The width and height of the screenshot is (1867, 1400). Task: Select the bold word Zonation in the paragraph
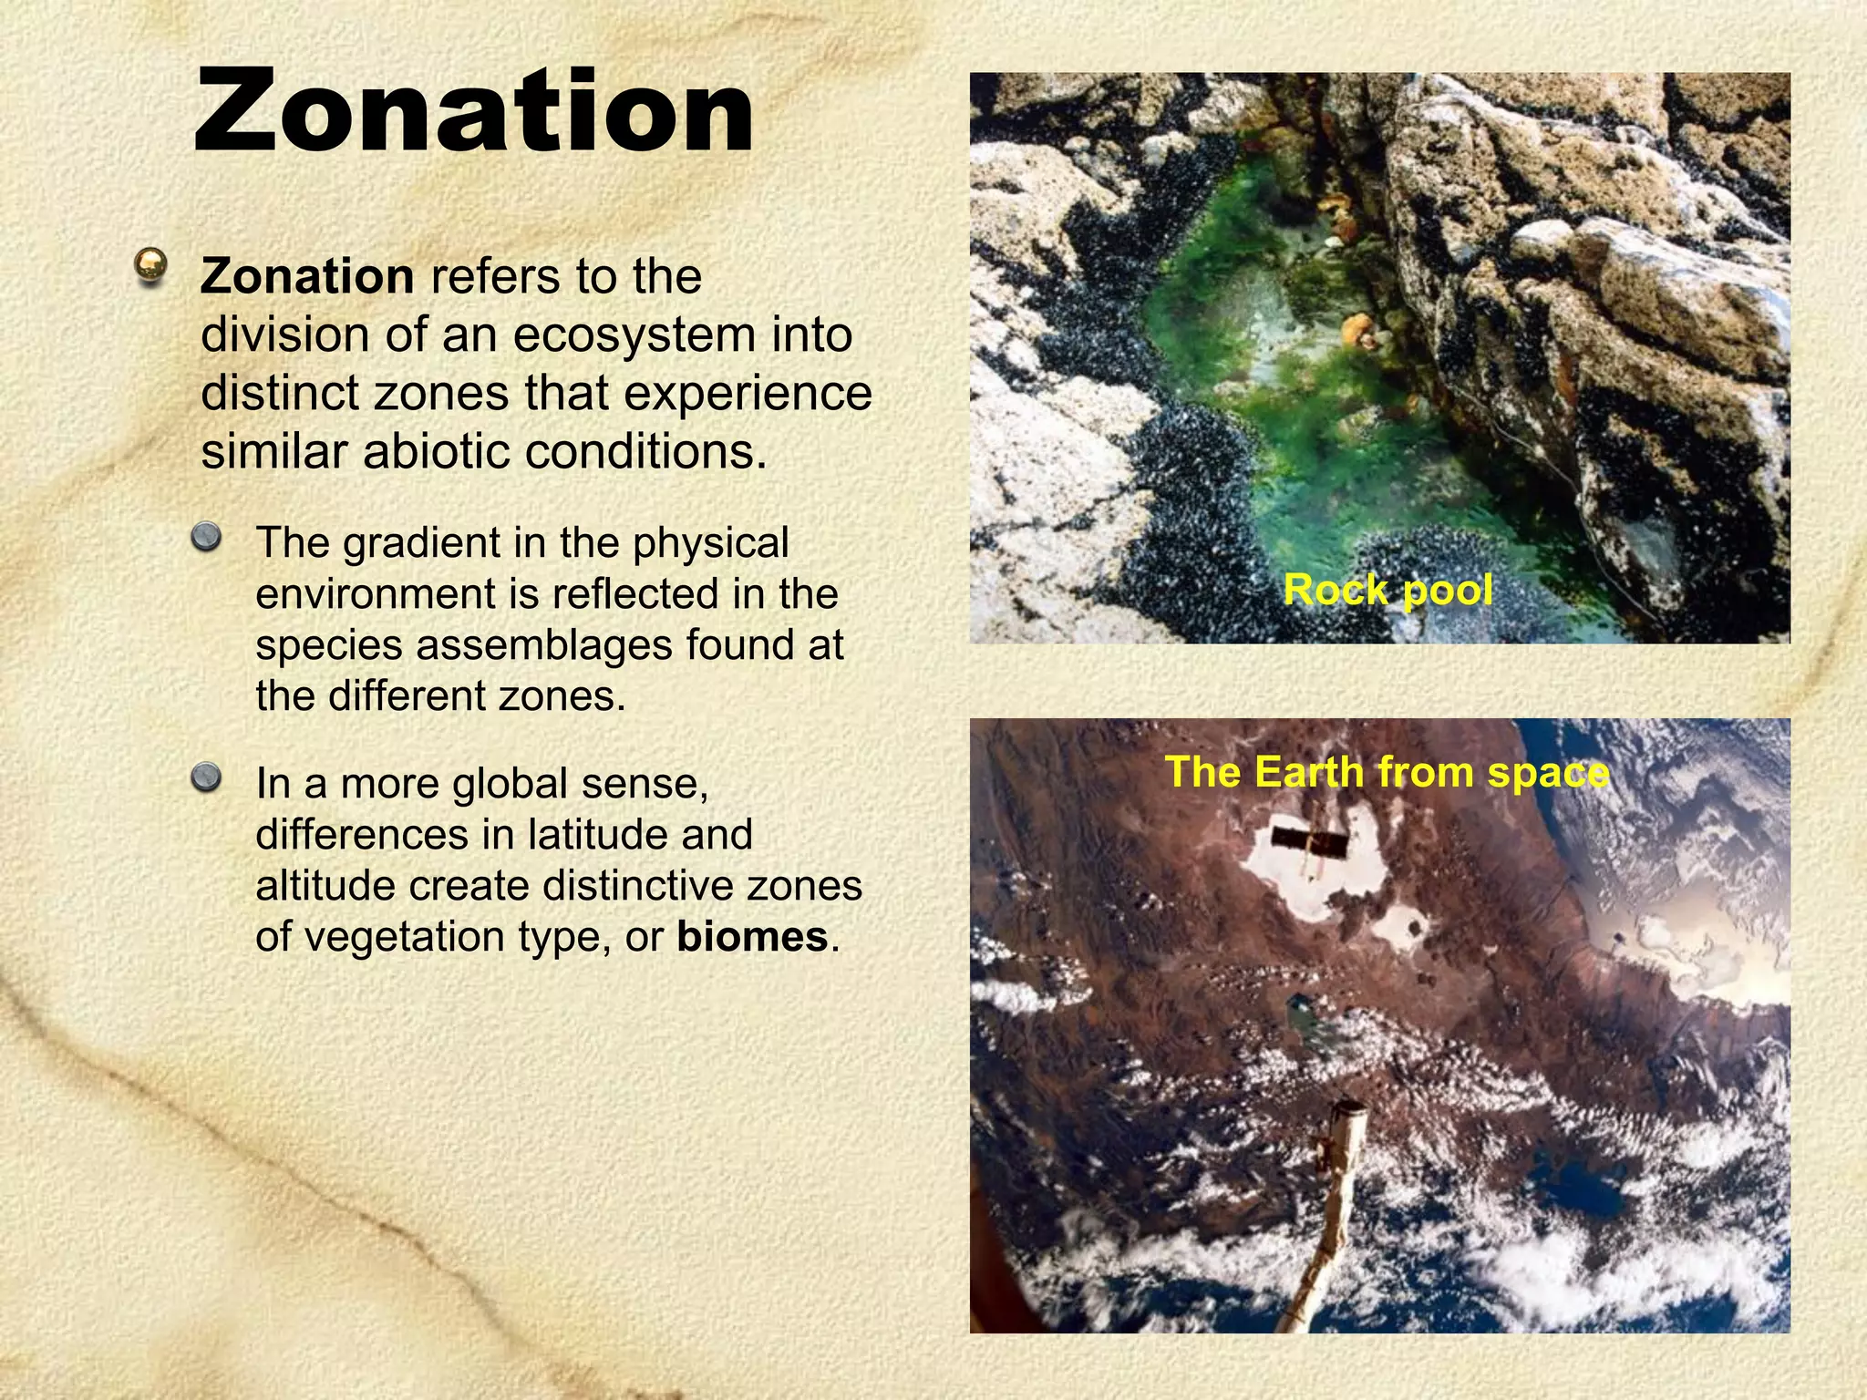click(307, 276)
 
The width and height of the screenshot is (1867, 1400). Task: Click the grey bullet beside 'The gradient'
click(207, 535)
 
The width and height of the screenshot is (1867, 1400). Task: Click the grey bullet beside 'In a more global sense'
click(207, 777)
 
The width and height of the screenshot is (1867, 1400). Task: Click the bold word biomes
click(752, 937)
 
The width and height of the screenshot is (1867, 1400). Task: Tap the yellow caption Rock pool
click(1387, 590)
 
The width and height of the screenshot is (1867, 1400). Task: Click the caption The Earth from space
click(1387, 772)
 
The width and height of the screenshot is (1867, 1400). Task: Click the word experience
click(748, 394)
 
